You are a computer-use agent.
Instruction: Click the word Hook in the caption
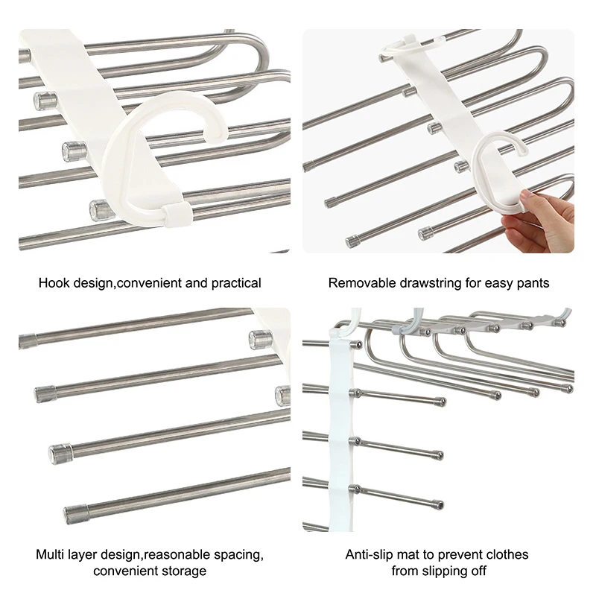click(x=54, y=283)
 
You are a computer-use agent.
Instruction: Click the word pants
click(x=532, y=283)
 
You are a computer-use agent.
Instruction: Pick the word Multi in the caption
click(x=51, y=555)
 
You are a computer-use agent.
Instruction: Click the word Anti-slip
click(x=370, y=555)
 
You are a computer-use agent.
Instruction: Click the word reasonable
click(x=177, y=555)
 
